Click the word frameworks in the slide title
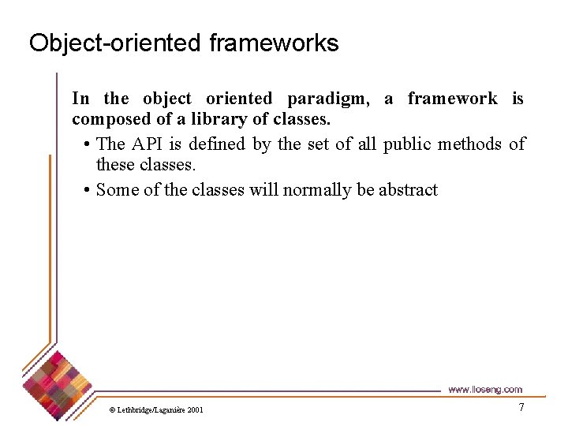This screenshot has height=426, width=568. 274,43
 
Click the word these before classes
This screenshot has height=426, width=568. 115,165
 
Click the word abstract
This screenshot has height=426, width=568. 408,189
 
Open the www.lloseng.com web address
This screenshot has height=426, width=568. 484,389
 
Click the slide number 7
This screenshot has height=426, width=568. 521,407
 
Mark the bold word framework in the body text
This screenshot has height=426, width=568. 452,99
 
